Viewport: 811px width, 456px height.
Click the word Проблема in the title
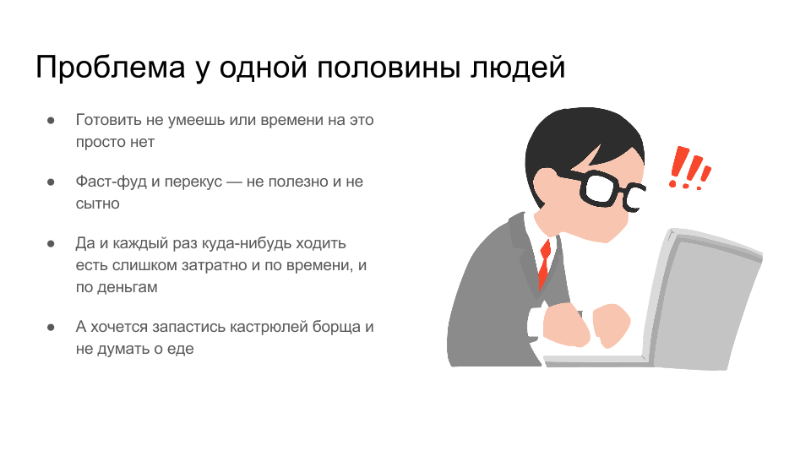(x=111, y=68)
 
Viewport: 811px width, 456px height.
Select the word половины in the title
(x=389, y=68)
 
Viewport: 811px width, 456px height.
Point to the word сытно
(x=97, y=204)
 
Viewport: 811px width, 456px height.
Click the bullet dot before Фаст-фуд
(x=51, y=182)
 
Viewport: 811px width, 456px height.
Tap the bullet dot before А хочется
(x=51, y=328)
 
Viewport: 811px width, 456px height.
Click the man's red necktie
(x=544, y=263)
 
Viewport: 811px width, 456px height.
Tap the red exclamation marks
(x=689, y=168)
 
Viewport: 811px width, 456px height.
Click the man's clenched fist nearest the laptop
(x=612, y=325)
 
